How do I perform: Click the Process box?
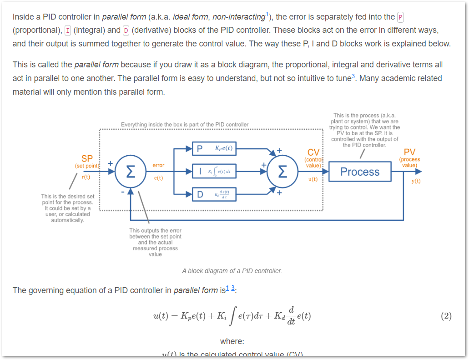pos(359,172)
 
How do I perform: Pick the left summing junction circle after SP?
pos(130,172)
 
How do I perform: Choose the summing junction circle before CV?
pos(282,172)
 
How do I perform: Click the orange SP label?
pos(87,158)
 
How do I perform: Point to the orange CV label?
pos(313,152)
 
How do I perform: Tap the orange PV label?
pos(409,152)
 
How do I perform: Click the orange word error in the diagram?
pos(158,165)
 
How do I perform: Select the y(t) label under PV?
pos(416,181)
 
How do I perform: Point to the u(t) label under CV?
pos(313,179)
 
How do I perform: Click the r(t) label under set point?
pos(86,177)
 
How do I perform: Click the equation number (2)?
pos(446,316)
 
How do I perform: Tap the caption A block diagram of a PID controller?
pos(232,271)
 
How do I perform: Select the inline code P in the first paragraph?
pos(400,17)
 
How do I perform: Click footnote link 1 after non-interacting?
pos(267,15)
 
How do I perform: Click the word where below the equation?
pos(232,341)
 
